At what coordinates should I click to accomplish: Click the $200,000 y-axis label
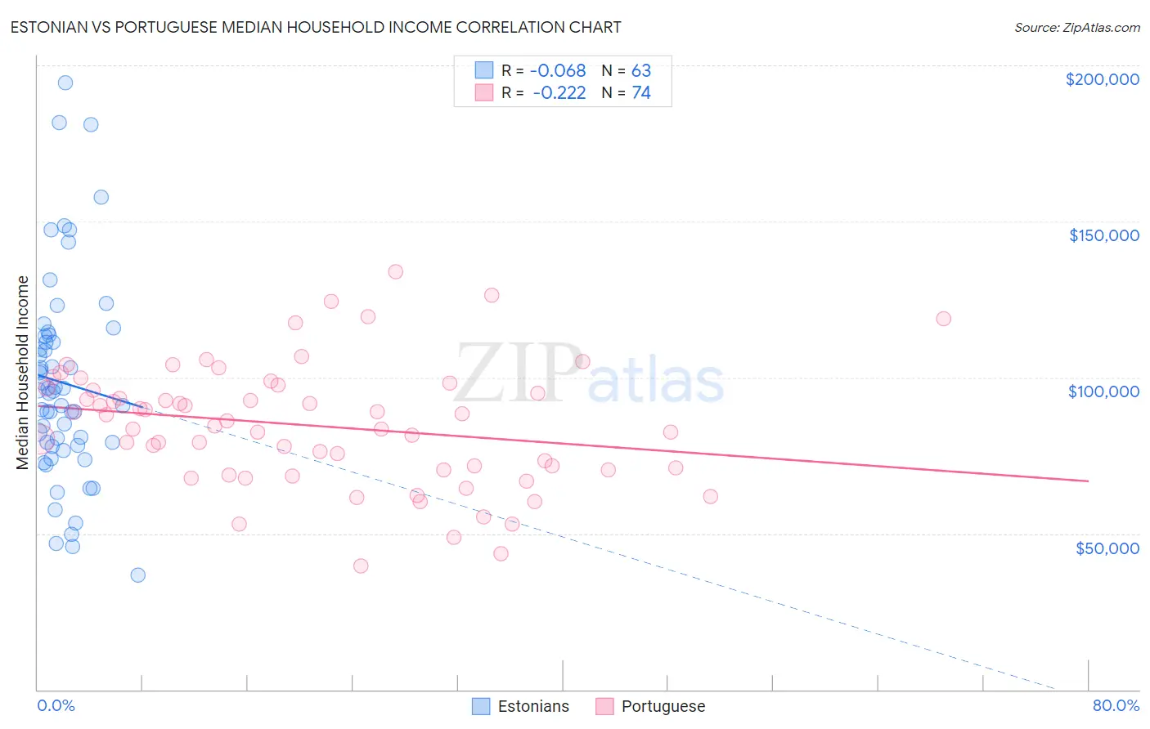(1102, 79)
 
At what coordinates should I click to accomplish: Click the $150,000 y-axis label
(1103, 235)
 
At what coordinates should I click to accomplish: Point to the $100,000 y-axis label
(1103, 391)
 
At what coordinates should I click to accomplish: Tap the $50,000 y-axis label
(1107, 548)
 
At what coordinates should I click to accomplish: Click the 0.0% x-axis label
(56, 705)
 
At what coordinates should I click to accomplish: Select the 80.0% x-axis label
(1116, 705)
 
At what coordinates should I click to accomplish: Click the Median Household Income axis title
(23, 373)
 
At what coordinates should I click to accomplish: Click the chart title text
(316, 27)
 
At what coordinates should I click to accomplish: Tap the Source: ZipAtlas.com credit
(1076, 28)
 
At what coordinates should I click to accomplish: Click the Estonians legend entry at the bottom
(521, 706)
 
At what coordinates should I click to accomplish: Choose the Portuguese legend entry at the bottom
(650, 706)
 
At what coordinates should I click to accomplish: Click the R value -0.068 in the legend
(558, 71)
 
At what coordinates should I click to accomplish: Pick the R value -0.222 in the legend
(559, 93)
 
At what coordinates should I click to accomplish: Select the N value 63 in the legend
(641, 71)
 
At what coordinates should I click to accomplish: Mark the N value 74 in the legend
(641, 93)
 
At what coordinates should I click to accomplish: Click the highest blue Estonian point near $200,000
(65, 83)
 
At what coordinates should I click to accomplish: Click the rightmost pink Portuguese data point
(943, 319)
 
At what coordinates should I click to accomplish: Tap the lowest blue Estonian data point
(138, 575)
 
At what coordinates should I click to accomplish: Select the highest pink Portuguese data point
(396, 272)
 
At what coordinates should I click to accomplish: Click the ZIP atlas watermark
(589, 374)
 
